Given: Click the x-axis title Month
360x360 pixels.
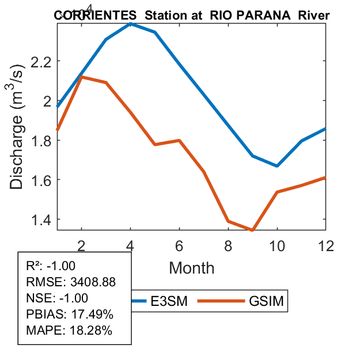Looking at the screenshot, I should (x=191, y=268).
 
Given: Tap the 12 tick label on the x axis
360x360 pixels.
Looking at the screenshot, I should (x=326, y=245).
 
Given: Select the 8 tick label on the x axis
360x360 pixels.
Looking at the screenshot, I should (x=228, y=245).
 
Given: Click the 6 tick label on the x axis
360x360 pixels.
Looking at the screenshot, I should (x=179, y=245).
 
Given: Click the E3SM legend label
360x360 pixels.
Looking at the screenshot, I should (x=169, y=301).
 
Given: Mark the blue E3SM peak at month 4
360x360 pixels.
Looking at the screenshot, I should (x=131, y=24).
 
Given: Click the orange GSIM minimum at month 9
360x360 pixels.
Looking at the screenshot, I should (x=252, y=230).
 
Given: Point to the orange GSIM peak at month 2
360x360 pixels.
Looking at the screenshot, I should (x=82, y=77).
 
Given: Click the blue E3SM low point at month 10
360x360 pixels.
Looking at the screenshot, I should (x=277, y=166).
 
